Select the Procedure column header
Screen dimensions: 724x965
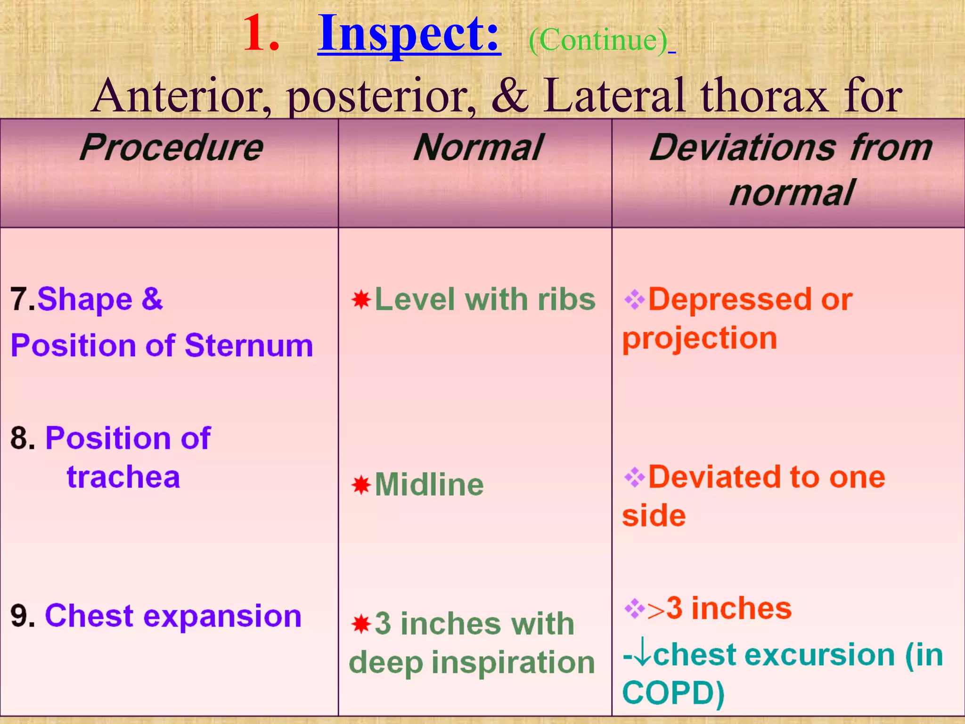pos(171,148)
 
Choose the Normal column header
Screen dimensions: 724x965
pos(478,148)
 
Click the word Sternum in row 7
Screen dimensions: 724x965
pos(249,346)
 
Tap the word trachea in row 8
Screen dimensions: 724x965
pos(123,477)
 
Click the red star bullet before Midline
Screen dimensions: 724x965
pos(361,485)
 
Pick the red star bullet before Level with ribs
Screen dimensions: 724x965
pos(361,300)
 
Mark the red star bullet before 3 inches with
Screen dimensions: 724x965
pos(361,624)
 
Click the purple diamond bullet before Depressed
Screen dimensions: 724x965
pos(634,299)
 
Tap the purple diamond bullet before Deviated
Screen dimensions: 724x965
pos(634,477)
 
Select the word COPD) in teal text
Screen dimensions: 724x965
pos(673,693)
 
